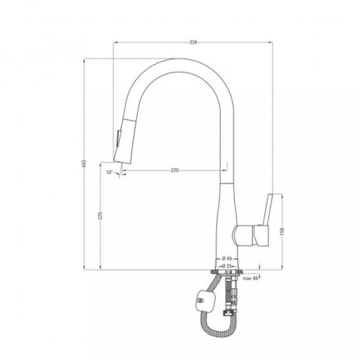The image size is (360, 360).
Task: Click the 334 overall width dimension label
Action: (193, 42)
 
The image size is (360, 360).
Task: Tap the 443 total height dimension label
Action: (84, 163)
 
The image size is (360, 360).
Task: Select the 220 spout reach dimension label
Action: (175, 170)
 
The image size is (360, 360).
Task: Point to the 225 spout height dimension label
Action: (100, 215)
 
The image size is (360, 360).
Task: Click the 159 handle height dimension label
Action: (282, 231)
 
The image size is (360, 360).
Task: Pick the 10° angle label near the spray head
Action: (110, 172)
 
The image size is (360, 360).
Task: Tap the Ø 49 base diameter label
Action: (227, 259)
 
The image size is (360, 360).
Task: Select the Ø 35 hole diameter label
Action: (227, 266)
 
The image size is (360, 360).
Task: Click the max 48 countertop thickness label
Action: (250, 278)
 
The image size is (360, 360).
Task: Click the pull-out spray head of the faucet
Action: (123, 140)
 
